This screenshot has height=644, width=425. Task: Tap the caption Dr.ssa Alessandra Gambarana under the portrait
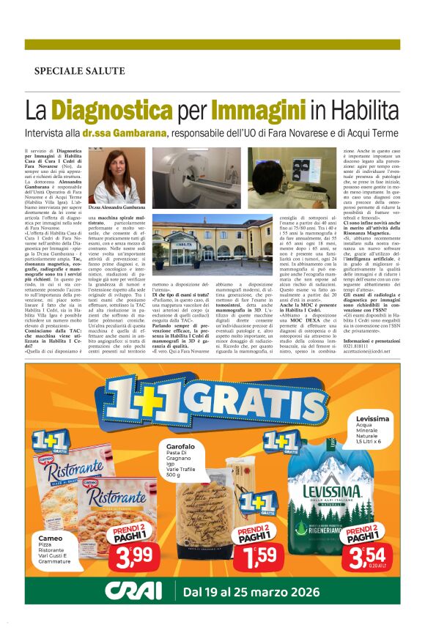[118, 208]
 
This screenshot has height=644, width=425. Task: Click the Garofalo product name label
[180, 446]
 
